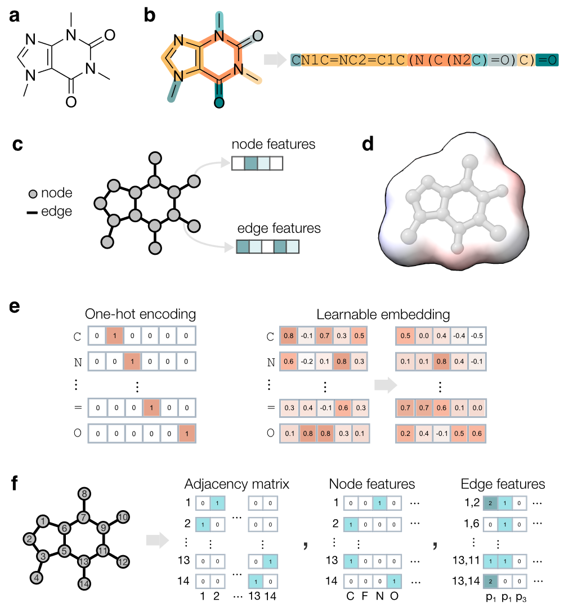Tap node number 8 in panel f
click(x=83, y=494)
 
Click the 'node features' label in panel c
click(x=273, y=145)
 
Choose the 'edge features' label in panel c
click(x=279, y=229)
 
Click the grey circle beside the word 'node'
click(x=33, y=193)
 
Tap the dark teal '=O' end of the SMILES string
click(x=547, y=60)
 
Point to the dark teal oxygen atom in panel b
click(x=219, y=102)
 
